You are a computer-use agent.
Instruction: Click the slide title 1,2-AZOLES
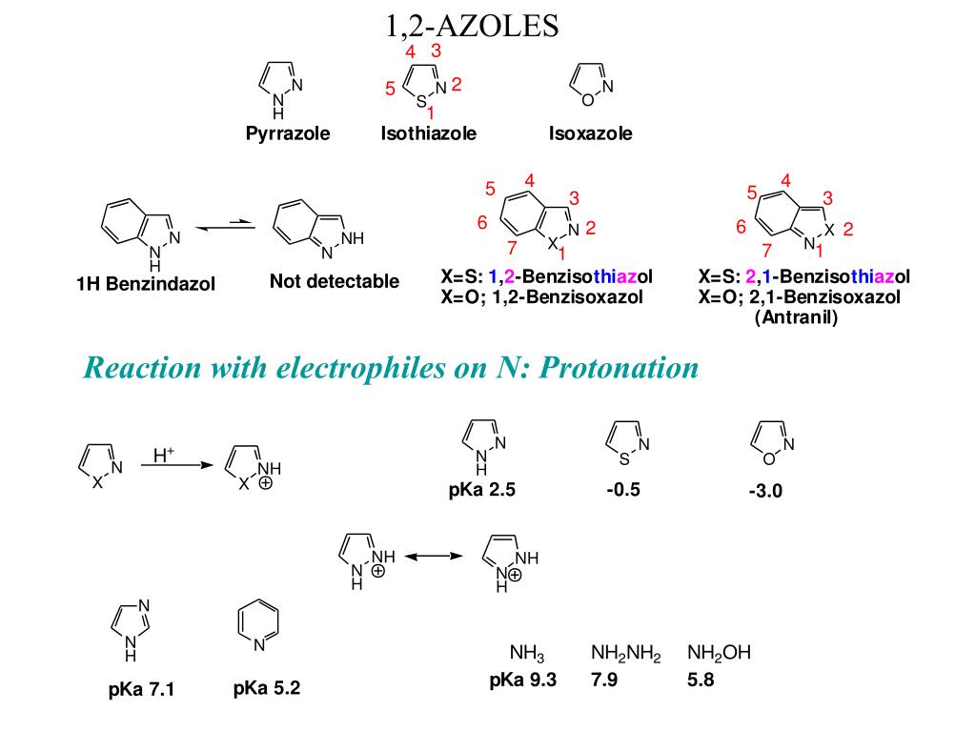[472, 25]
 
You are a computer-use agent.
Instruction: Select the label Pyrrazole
[288, 134]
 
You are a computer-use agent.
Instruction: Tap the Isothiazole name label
[428, 134]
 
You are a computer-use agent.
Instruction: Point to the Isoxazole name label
[590, 134]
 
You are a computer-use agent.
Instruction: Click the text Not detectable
[335, 281]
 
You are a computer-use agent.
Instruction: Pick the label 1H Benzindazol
[147, 284]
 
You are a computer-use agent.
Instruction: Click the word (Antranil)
[796, 317]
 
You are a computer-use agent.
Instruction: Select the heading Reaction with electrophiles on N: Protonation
[391, 367]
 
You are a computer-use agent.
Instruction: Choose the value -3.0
[765, 493]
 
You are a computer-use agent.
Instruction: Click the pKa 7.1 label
[141, 689]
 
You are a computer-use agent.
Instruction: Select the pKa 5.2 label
[267, 687]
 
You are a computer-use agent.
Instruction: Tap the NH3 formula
[526, 654]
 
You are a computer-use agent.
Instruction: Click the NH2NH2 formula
[626, 654]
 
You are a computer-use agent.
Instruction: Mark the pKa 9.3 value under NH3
[522, 681]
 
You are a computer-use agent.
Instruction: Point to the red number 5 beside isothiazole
[390, 90]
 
